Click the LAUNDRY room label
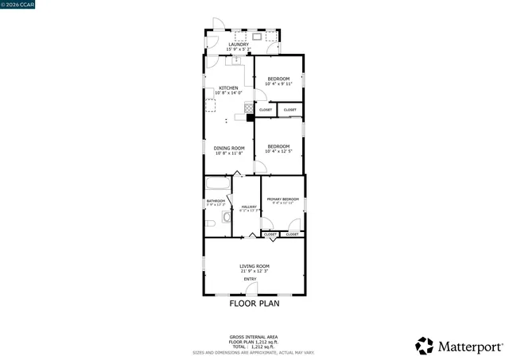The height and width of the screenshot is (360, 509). [239, 45]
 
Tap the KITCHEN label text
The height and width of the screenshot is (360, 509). [229, 87]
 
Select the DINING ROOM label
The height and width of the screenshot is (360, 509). [227, 147]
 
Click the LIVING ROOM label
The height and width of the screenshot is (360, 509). [254, 266]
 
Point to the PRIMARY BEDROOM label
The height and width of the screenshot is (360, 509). [283, 199]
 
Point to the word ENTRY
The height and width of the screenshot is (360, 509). [251, 279]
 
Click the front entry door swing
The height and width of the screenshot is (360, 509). [251, 290]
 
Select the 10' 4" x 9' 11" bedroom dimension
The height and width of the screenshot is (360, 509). [278, 83]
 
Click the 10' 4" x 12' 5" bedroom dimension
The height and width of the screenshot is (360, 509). [278, 151]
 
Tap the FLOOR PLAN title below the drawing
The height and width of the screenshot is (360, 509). [254, 303]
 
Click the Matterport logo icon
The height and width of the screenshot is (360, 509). [425, 346]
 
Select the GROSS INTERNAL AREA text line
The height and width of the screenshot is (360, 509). [254, 337]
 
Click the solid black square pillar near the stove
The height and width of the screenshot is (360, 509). [250, 118]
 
